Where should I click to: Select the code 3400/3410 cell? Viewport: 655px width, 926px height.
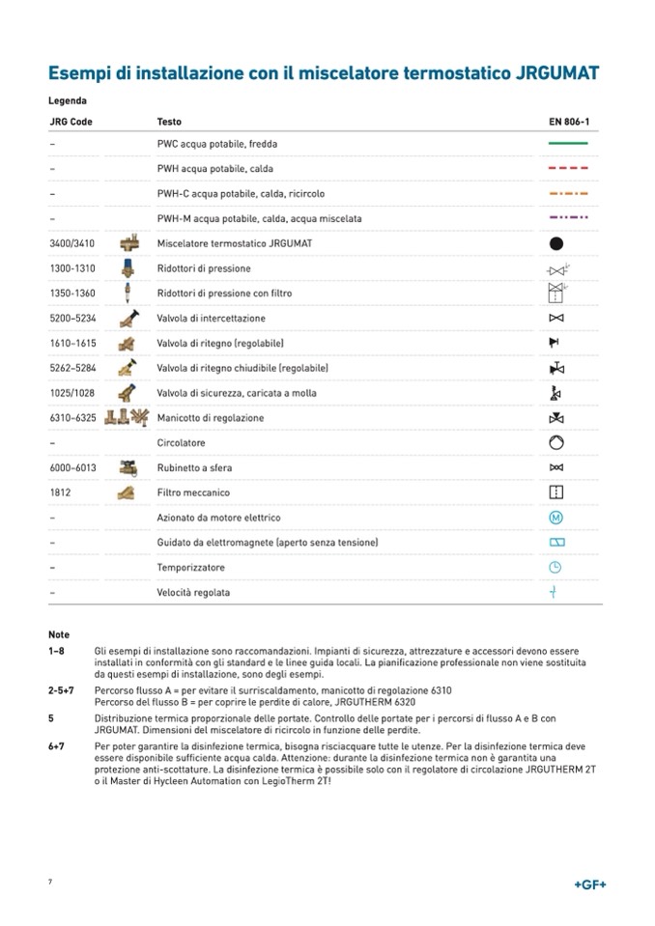click(72, 243)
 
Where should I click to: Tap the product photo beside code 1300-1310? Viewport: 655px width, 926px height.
click(126, 268)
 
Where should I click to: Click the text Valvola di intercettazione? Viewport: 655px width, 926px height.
click(211, 319)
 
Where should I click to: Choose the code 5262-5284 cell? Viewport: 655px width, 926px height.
click(73, 369)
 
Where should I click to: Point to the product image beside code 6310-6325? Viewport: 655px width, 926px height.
click(127, 418)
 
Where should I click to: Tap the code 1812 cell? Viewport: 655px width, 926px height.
click(60, 492)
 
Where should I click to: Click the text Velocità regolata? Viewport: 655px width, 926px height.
click(193, 593)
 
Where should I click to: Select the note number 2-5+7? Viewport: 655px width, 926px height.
click(63, 692)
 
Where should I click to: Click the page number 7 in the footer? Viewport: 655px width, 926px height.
click(50, 884)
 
